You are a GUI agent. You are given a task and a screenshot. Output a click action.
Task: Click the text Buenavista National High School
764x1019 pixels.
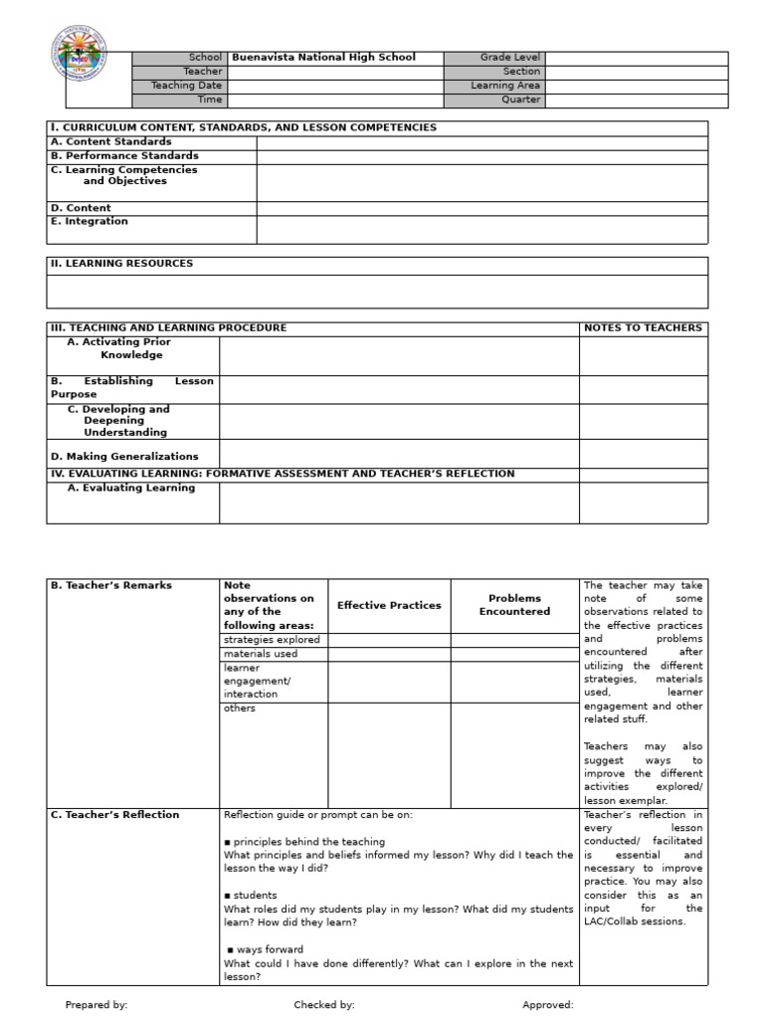pos(323,58)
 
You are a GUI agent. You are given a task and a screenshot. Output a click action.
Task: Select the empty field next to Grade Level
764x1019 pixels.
pos(636,58)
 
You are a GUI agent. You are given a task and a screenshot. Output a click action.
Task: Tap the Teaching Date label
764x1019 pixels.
pos(186,86)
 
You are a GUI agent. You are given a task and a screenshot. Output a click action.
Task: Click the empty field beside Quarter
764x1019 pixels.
pos(636,100)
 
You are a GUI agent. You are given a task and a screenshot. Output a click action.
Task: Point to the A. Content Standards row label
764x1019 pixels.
pos(110,142)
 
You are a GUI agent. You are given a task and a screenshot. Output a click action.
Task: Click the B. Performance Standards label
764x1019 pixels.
pos(124,156)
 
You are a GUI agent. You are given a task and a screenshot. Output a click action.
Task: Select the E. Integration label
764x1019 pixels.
pos(90,222)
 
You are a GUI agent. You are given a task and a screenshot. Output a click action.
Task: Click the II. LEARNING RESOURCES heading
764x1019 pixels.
pos(121,264)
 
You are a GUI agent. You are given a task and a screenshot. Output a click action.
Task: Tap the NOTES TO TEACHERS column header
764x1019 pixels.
pos(643,328)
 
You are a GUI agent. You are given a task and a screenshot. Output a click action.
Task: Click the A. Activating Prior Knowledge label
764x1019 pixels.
pos(118,348)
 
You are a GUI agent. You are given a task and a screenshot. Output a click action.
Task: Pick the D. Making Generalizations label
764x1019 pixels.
pos(124,457)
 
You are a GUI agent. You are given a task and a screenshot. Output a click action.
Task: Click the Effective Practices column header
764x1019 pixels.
pos(389,605)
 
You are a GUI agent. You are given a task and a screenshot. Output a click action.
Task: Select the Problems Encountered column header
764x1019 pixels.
pos(514,605)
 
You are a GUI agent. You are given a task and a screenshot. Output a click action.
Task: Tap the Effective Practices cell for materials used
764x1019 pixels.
pos(389,654)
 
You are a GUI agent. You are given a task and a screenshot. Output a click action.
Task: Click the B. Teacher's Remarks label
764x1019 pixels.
pos(110,585)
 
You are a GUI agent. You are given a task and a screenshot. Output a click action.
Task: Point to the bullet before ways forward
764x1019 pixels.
pos(231,950)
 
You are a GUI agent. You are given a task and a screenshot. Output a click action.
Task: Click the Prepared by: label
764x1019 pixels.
pos(96,1005)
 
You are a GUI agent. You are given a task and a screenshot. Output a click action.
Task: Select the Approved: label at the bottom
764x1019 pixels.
pos(548,1005)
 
